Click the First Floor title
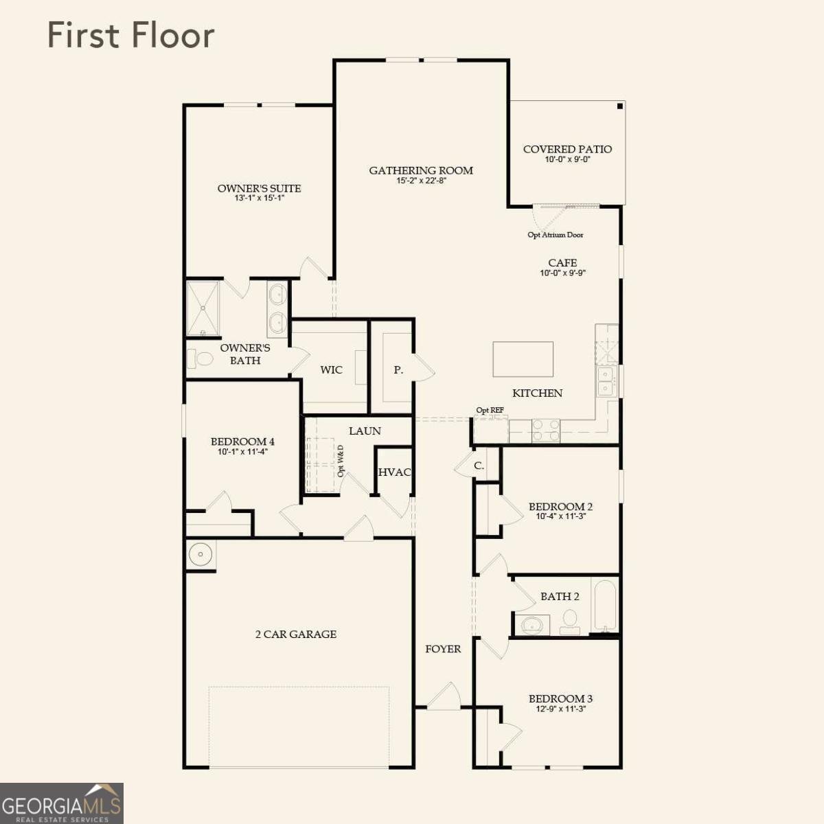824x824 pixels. coord(131,36)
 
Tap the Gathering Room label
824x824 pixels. coord(421,170)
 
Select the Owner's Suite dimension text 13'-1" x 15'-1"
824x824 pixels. coord(259,198)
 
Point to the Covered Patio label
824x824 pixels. coord(567,149)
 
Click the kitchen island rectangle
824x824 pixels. coord(523,359)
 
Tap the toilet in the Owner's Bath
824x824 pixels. coord(200,358)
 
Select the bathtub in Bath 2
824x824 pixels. coord(605,605)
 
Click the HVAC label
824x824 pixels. coord(394,472)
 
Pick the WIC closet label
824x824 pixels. coord(332,370)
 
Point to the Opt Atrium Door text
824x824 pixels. coord(555,235)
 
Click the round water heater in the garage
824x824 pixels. coord(201,555)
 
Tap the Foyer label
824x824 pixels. coord(443,649)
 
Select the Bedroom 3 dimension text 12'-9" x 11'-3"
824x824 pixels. coord(560,709)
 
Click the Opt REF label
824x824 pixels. coord(490,410)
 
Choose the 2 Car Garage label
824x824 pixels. coord(296,634)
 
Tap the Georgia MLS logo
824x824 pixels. coord(62,803)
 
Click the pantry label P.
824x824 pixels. coord(398,370)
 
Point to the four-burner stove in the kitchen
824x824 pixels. coord(546,431)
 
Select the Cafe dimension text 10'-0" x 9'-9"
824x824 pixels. coord(562,273)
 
